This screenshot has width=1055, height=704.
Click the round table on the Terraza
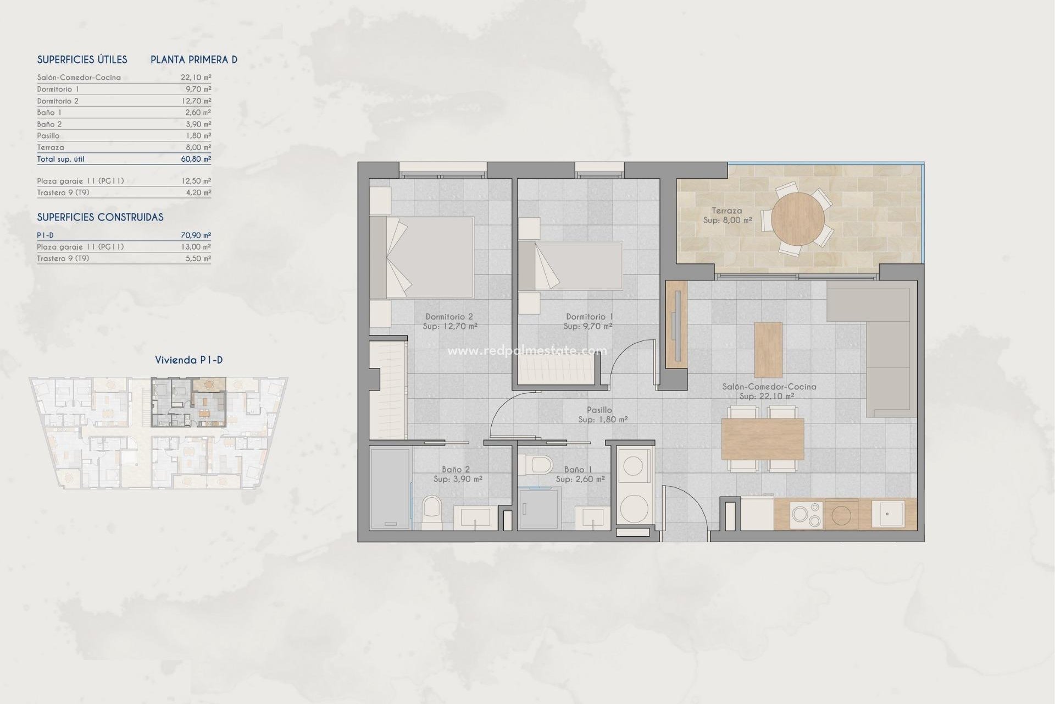point(797,219)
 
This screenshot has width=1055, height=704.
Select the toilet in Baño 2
point(432,512)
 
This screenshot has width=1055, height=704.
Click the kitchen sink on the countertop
point(887,514)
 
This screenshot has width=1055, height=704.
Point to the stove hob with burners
point(807,515)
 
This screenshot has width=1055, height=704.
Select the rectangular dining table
point(762,438)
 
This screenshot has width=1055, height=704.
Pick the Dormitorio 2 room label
point(449,317)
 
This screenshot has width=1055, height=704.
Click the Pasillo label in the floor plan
point(599,410)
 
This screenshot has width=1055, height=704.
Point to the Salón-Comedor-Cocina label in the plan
point(769,387)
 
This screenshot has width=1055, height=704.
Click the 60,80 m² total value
point(196,159)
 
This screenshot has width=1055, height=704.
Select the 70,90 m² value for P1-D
point(196,235)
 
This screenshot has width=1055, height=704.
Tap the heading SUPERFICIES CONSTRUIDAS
point(100,217)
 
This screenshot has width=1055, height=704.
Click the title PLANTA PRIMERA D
point(194,60)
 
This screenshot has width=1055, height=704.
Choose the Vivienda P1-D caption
point(188,360)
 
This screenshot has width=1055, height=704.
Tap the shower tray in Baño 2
point(390,488)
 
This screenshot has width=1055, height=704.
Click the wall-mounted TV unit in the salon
point(676,324)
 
